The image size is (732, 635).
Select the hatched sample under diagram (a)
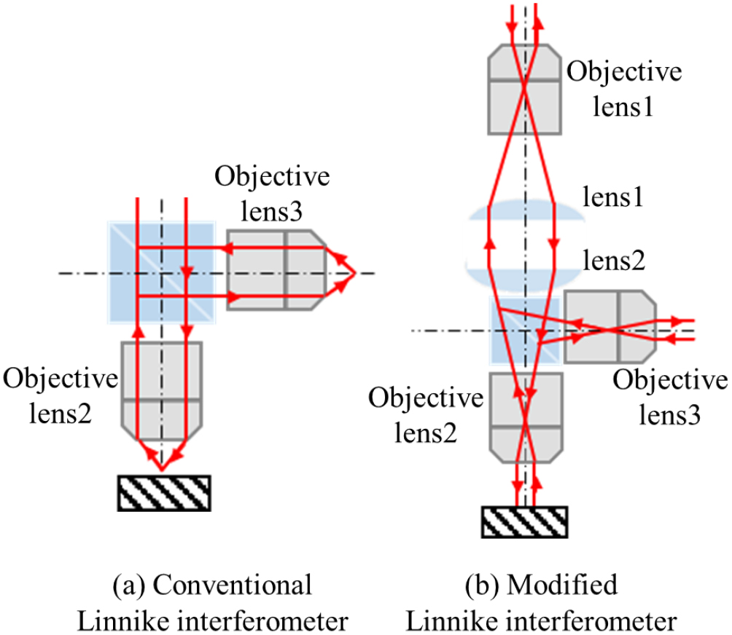(x=164, y=492)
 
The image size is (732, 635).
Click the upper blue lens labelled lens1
(x=525, y=214)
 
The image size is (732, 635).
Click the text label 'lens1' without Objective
(x=616, y=198)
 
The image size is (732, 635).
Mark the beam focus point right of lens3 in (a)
(x=354, y=272)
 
